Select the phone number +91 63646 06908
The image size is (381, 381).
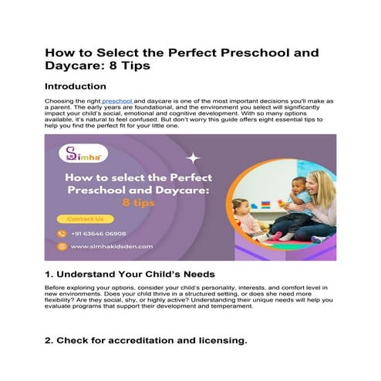tap(98, 233)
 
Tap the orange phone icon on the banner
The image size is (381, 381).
tap(62, 233)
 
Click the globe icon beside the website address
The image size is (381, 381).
tap(62, 247)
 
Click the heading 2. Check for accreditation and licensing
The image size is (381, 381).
tap(146, 339)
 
